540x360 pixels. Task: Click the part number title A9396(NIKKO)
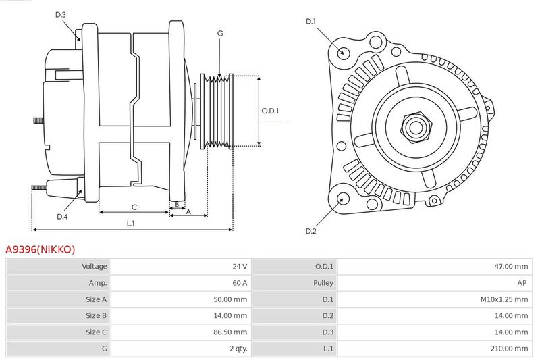tap(40, 249)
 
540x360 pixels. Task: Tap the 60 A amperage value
tap(240, 283)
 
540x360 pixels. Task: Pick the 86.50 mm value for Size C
tap(230, 332)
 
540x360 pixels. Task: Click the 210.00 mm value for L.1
tap(510, 349)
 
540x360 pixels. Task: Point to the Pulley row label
tap(323, 283)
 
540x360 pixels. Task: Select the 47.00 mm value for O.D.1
tap(511, 266)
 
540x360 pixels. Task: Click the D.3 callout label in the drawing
tap(60, 14)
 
